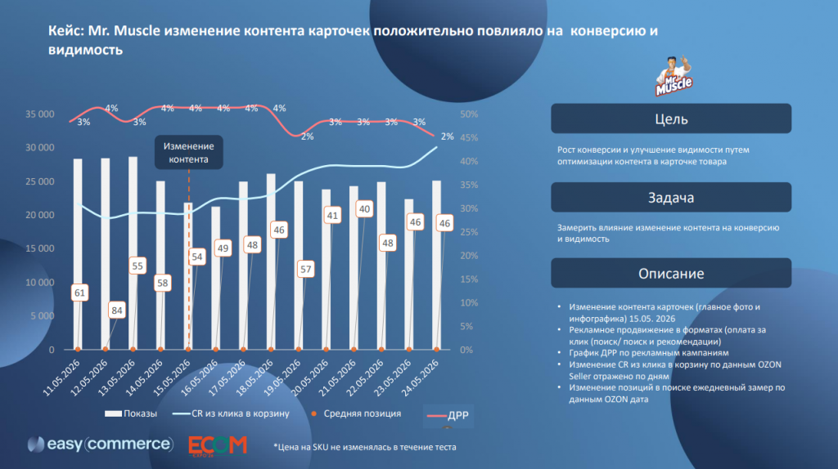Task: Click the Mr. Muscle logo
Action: pyautogui.click(x=674, y=76)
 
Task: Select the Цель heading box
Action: pyautogui.click(x=671, y=118)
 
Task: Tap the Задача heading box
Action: pyautogui.click(x=671, y=198)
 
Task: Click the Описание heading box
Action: pyautogui.click(x=671, y=273)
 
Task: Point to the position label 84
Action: pyautogui.click(x=116, y=310)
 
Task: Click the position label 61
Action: pyautogui.click(x=79, y=293)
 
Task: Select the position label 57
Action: pyautogui.click(x=305, y=269)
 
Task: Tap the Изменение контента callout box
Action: pyautogui.click(x=189, y=153)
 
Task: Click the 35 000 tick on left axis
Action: pyautogui.click(x=40, y=114)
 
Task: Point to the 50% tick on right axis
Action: pyautogui.click(x=469, y=114)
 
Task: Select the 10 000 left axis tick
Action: pyautogui.click(x=40, y=282)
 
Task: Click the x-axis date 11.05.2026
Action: pyautogui.click(x=61, y=377)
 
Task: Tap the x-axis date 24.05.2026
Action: pyautogui.click(x=420, y=377)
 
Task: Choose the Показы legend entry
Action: pyautogui.click(x=131, y=413)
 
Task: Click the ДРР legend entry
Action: pyautogui.click(x=448, y=416)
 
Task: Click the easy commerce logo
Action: pyautogui.click(x=101, y=444)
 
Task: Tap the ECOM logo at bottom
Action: pyautogui.click(x=218, y=446)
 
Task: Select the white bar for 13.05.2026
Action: pyautogui.click(x=133, y=253)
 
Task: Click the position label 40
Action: pyautogui.click(x=364, y=209)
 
